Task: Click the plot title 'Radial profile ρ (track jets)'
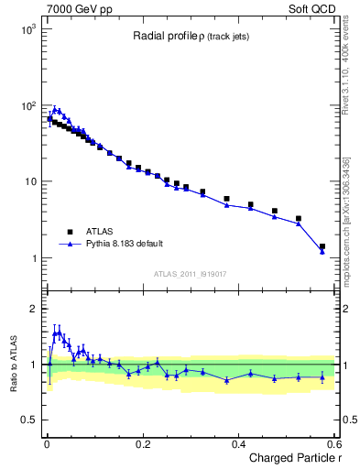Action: coord(186,36)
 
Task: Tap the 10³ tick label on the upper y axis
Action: coord(27,29)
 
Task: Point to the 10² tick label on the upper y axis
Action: coord(27,105)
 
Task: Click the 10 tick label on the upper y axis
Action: coord(30,181)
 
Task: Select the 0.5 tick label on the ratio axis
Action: coord(27,420)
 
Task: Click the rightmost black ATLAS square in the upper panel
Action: coord(322,246)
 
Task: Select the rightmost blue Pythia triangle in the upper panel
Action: coord(322,251)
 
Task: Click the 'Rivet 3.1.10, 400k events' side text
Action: coord(349,69)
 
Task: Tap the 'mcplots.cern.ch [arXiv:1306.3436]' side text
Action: coord(349,206)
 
